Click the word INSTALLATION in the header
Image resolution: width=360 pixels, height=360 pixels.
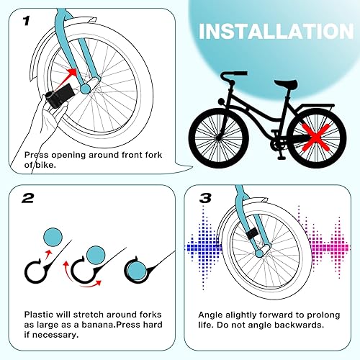pyautogui.click(x=276, y=32)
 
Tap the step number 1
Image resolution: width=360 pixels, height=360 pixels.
pyautogui.click(x=27, y=21)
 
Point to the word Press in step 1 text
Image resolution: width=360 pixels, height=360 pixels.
pyautogui.click(x=38, y=154)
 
